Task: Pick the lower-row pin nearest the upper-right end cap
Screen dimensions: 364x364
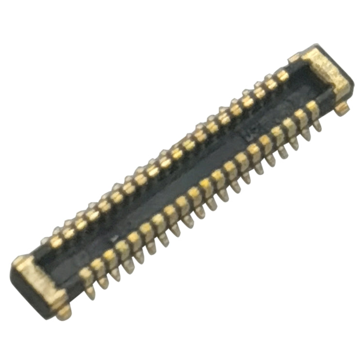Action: (313, 110)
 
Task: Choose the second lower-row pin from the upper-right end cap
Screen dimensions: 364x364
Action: (301, 117)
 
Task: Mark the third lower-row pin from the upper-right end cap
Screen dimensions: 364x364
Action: (290, 125)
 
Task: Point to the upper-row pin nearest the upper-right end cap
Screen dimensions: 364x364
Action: (282, 75)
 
